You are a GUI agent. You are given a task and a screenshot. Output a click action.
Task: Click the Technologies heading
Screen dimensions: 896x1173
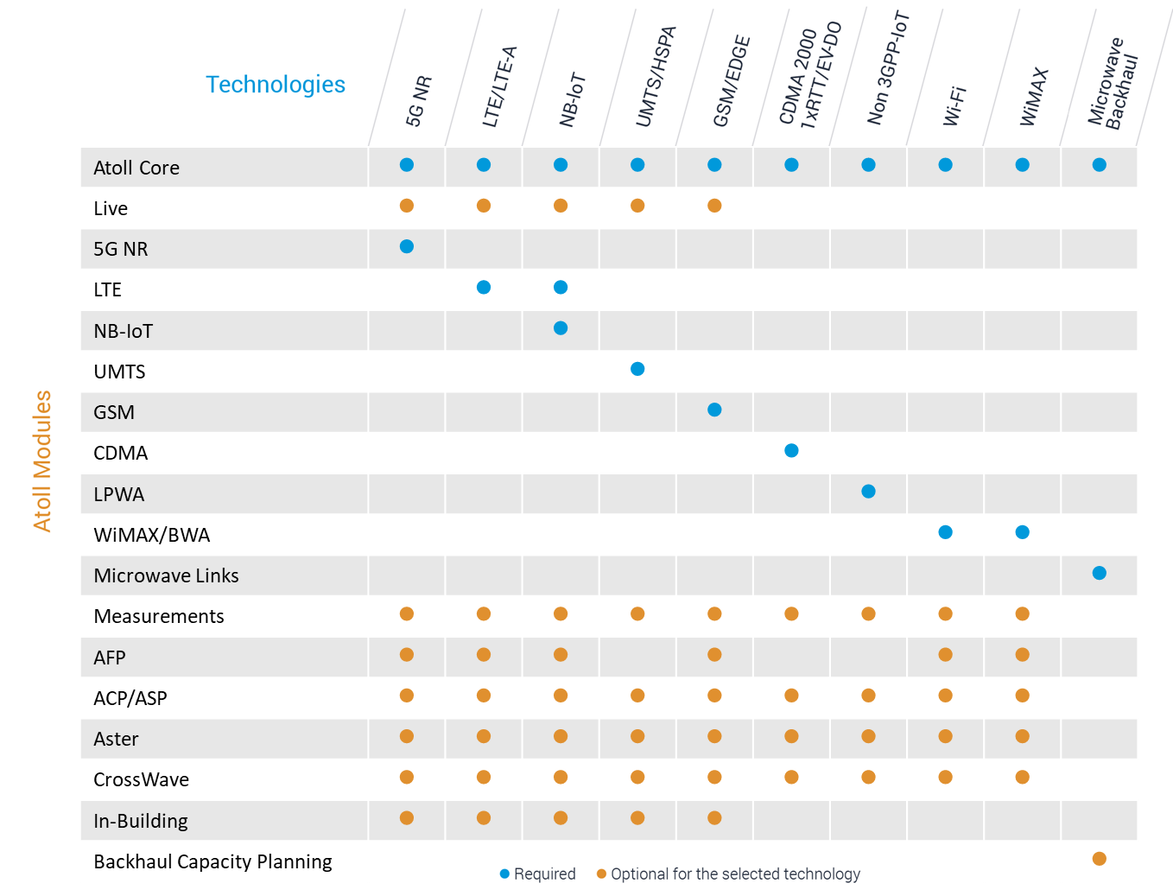pos(275,85)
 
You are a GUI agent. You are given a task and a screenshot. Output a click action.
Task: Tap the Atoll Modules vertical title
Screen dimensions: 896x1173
pos(42,461)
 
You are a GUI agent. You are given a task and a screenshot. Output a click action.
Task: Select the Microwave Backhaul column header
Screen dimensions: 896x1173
pos(1113,83)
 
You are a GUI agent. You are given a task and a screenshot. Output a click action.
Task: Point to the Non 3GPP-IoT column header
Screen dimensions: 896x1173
pos(888,69)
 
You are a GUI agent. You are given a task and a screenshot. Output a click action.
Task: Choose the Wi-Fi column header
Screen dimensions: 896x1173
pos(954,105)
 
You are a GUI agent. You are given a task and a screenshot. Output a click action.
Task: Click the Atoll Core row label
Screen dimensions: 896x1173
pos(136,168)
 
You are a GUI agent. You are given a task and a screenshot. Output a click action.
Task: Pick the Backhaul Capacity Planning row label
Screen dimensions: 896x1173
pos(212,861)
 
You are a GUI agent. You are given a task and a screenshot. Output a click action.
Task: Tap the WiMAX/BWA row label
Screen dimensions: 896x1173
pos(152,535)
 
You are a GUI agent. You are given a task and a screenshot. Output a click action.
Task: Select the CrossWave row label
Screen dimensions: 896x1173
pos(141,779)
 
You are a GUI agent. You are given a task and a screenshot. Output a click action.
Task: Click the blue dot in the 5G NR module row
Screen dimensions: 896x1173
pos(407,247)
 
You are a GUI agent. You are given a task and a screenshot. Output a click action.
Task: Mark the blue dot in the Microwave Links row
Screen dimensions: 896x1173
pos(1099,573)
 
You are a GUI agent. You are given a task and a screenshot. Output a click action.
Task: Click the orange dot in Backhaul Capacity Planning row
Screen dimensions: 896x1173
pos(1099,859)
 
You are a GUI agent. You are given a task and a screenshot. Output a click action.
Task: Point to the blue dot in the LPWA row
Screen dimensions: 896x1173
pos(868,492)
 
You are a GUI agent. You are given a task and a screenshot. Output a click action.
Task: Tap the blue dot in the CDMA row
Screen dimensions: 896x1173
pos(791,451)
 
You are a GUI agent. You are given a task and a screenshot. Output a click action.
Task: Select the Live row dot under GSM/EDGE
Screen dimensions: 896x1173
pos(714,206)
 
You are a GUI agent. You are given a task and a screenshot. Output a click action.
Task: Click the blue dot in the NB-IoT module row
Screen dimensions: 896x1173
pos(561,328)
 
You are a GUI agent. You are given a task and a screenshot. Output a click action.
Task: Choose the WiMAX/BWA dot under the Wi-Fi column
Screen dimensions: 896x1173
pos(945,532)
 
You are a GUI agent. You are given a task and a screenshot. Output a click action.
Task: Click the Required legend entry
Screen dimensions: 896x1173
pos(537,874)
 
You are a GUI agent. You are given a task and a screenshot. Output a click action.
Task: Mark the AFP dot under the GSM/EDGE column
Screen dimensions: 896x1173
pos(714,655)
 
